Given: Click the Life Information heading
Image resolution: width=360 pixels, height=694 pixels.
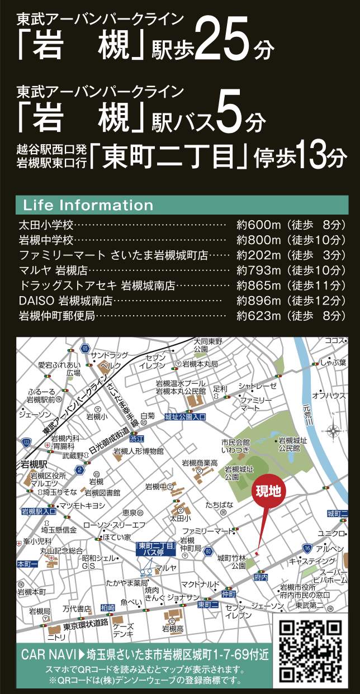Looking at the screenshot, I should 88,205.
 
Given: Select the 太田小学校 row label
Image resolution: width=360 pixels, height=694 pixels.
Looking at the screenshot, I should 46,226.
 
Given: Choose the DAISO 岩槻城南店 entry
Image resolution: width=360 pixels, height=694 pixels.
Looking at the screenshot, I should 66,301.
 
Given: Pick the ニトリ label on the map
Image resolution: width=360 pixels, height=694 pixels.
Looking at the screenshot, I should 56,636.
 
